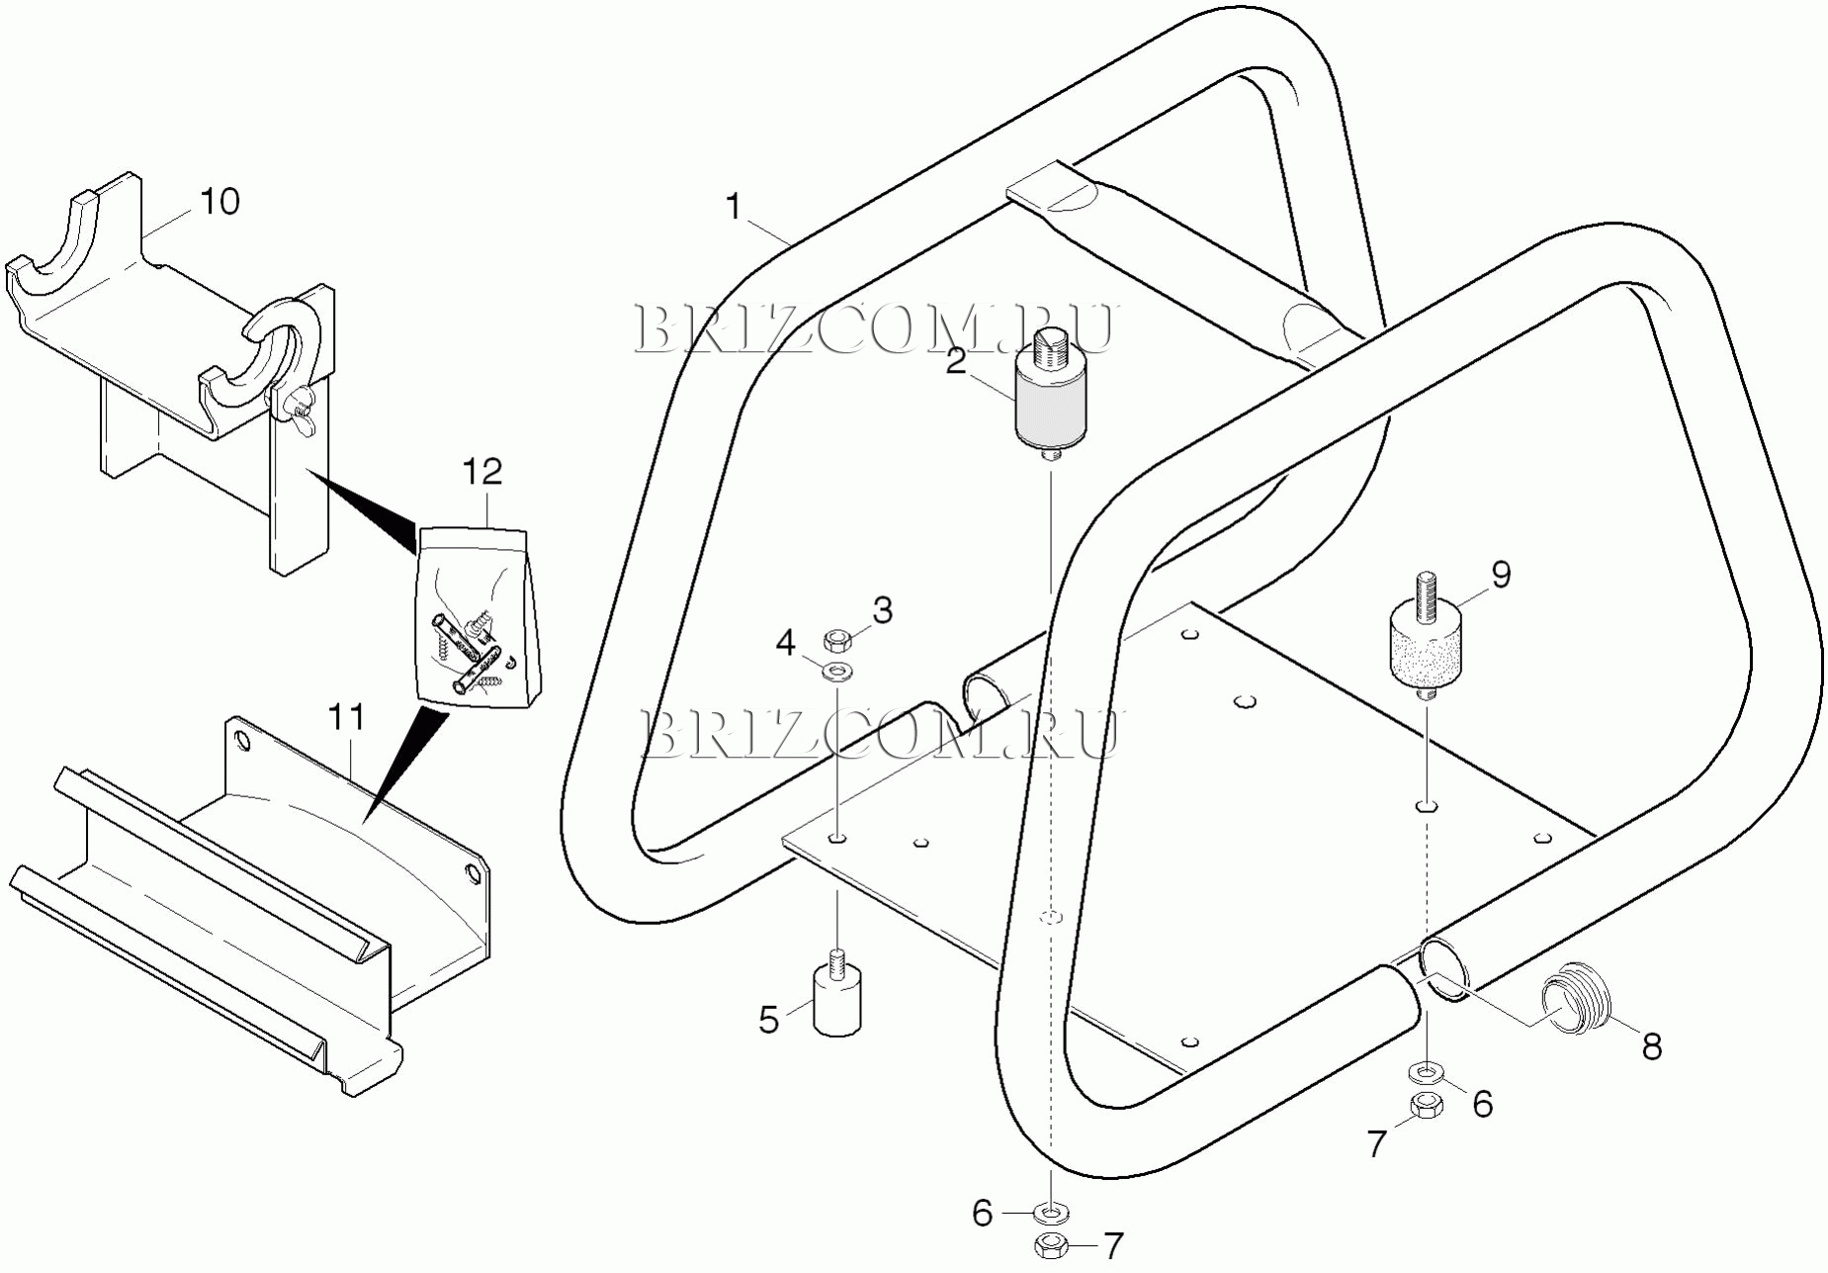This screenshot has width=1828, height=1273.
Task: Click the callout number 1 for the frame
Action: coord(733,207)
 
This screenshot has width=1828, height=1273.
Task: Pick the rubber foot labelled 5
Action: coord(836,1003)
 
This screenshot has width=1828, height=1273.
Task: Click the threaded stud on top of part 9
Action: coord(1425,595)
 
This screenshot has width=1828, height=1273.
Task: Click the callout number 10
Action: coord(219,201)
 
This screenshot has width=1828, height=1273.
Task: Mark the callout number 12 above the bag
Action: coord(481,472)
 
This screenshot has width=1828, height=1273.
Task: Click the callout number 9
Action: coord(1501,574)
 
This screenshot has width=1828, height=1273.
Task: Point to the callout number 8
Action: coord(1651,1046)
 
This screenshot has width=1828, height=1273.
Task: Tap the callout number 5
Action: coord(769,1020)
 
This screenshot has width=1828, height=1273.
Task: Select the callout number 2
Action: coord(955,361)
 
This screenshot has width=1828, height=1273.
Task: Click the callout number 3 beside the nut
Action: coord(882,610)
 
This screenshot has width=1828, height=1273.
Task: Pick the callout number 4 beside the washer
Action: coord(785,644)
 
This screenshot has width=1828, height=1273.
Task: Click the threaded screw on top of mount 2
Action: coord(1049,349)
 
